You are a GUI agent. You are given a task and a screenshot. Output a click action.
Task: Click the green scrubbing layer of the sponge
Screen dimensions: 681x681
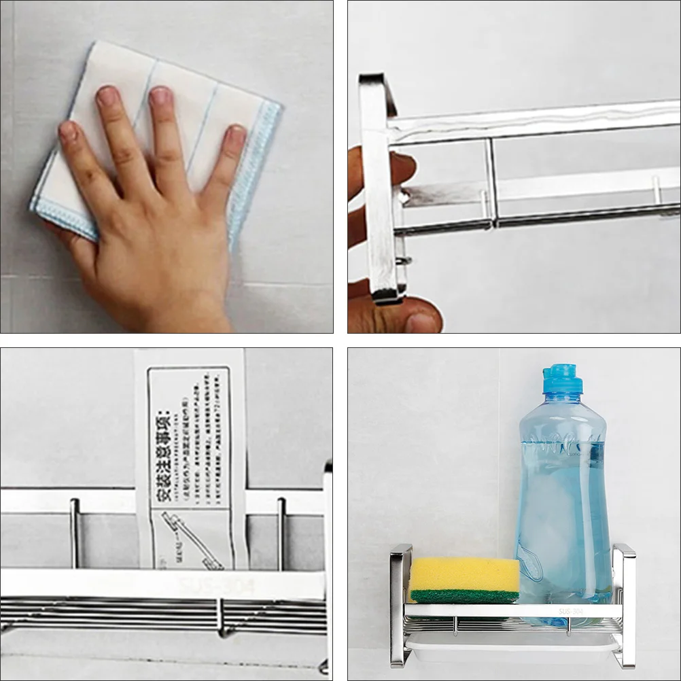[x=464, y=596]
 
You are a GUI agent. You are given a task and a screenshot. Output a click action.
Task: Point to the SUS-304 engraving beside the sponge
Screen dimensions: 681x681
[x=570, y=611]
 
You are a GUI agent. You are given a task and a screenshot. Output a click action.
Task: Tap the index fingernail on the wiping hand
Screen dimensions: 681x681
[x=160, y=96]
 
